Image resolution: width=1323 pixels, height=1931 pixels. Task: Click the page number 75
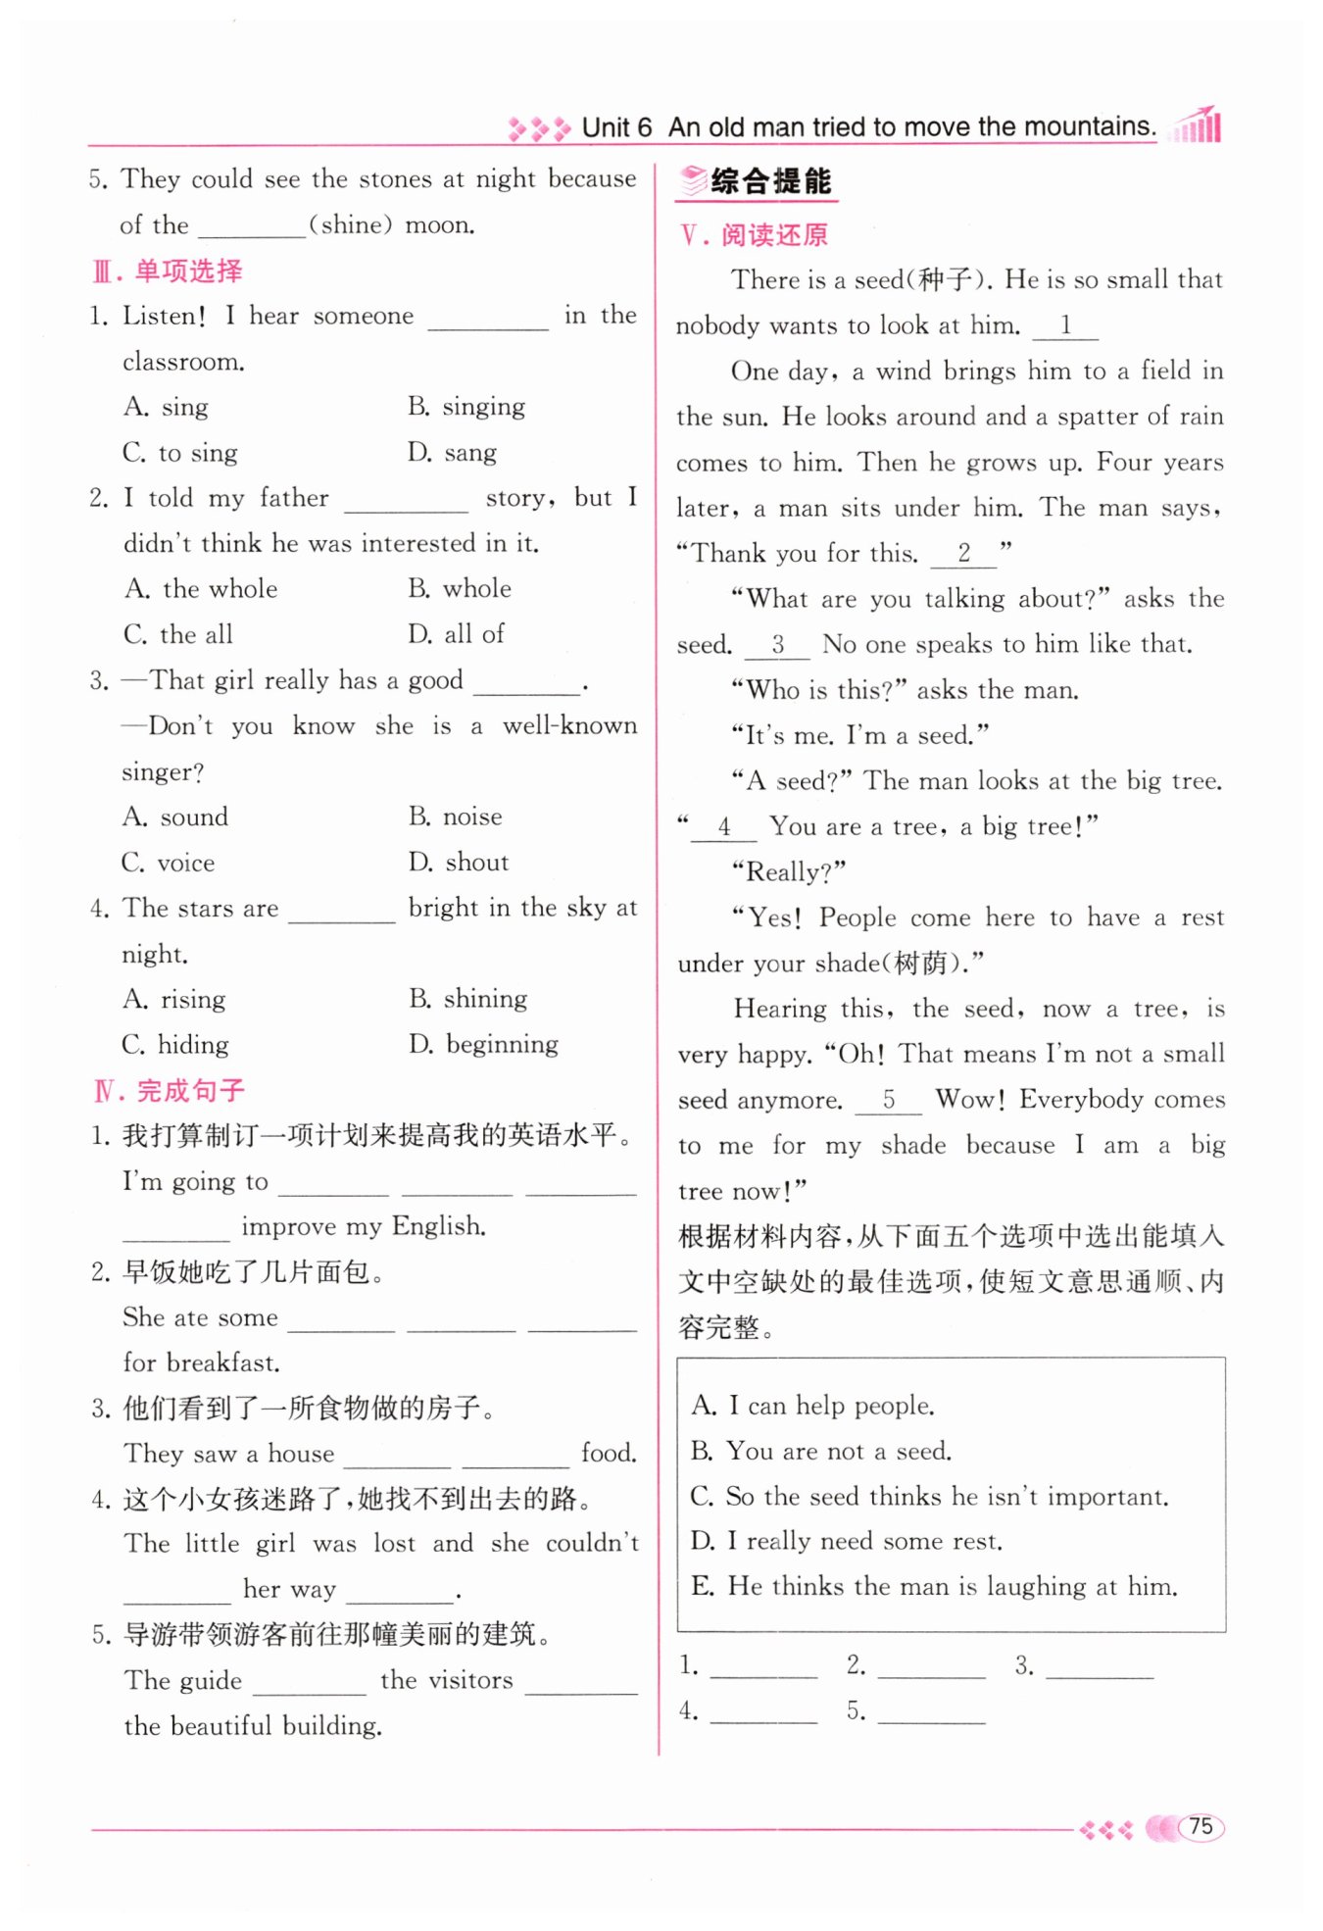coord(1200,1826)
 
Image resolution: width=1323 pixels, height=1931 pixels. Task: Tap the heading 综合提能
coord(770,181)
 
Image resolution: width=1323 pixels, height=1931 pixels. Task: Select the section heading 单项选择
coord(187,271)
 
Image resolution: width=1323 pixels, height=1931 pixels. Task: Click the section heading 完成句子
coord(189,1090)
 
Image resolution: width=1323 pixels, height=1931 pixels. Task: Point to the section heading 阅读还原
coord(774,235)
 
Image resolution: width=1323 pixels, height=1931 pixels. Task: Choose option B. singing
coord(466,406)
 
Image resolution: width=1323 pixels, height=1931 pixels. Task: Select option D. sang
coord(453,452)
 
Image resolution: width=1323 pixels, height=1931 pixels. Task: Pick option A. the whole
coord(202,588)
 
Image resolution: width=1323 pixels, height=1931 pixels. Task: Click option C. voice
coord(169,863)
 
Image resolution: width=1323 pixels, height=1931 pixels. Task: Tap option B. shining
coord(468,999)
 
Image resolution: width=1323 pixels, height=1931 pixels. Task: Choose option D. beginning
coord(484,1044)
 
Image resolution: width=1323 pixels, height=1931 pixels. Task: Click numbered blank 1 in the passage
coord(1065,325)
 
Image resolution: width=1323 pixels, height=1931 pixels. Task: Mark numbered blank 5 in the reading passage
coord(888,1100)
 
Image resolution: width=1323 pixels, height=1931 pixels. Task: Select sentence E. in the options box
coord(934,1586)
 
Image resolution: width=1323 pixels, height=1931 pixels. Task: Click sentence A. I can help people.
coord(813,1406)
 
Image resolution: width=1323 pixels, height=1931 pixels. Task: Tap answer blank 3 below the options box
coord(1099,1665)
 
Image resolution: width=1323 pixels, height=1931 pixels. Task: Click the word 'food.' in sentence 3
coord(608,1453)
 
